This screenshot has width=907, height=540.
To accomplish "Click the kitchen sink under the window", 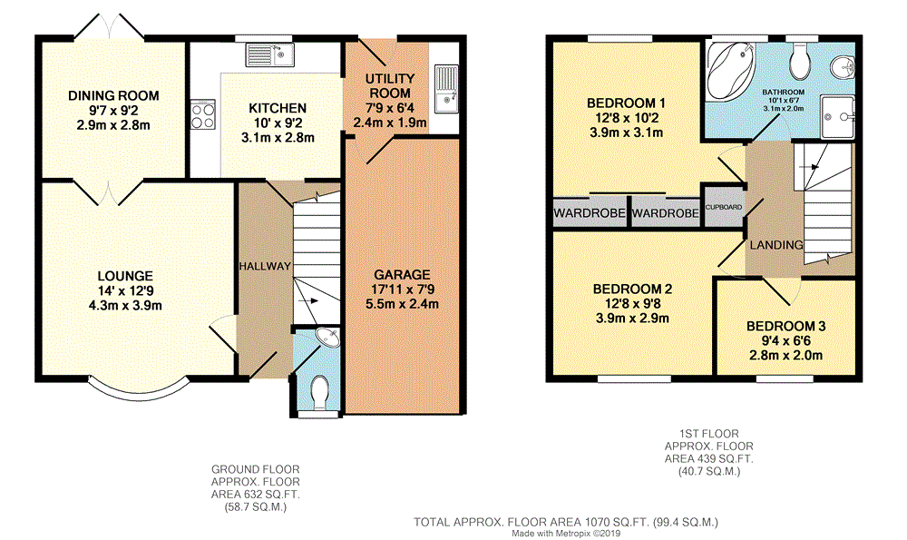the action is [269, 55].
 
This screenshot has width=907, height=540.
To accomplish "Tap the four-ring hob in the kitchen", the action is [203, 114].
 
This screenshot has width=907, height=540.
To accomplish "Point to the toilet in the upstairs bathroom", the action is [802, 60].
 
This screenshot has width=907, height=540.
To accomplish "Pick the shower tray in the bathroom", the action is [838, 116].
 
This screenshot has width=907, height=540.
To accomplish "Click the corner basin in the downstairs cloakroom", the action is [327, 338].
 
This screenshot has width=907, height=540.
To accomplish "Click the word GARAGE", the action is [402, 275].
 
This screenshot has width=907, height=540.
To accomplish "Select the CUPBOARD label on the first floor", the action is [723, 207].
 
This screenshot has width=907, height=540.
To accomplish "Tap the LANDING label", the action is [776, 245].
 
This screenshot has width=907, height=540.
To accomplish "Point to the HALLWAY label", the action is [265, 266].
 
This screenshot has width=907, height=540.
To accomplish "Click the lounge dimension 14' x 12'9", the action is [125, 290].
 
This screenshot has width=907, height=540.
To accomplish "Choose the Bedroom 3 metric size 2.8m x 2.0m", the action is [785, 356].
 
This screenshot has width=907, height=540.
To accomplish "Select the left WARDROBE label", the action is [590, 213].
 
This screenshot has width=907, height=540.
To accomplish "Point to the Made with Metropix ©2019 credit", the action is [566, 534].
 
